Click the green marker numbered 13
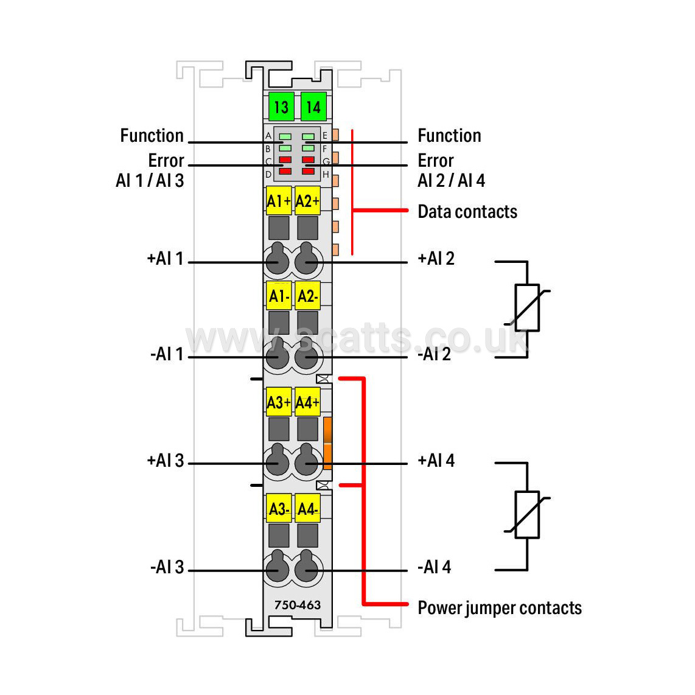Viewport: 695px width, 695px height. [x=281, y=107]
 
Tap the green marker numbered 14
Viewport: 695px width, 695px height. [x=313, y=107]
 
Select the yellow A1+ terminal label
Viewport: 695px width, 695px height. [x=279, y=201]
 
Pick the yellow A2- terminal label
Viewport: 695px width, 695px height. [x=307, y=296]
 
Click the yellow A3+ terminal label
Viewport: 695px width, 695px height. [x=279, y=402]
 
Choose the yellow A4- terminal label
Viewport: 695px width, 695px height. [x=307, y=509]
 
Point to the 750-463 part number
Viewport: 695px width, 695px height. [x=298, y=604]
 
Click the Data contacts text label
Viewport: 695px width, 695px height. [x=467, y=212]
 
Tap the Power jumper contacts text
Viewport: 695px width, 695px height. [x=500, y=608]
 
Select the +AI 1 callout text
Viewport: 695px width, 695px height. [x=165, y=259]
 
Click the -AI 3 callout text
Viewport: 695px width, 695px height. [x=167, y=567]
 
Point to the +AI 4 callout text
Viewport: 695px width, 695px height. [x=436, y=461]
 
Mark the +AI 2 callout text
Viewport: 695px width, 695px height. [x=436, y=259]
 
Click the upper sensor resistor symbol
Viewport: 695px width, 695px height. [x=527, y=307]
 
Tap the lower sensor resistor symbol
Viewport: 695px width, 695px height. [x=527, y=515]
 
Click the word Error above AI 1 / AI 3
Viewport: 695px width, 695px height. [x=166, y=161]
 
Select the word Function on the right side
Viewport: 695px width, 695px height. [x=450, y=136]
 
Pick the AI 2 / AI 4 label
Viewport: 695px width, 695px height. [x=451, y=180]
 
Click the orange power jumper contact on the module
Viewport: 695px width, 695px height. [x=327, y=443]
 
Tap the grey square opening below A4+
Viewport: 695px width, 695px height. [x=307, y=429]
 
